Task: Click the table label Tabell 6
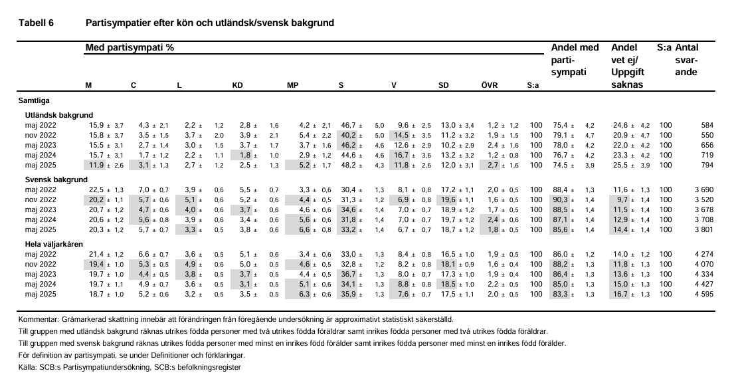coord(36,23)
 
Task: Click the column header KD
coord(238,86)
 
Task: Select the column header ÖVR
coord(489,86)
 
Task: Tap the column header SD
coord(444,86)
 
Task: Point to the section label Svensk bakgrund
coord(56,180)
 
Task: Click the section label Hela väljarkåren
coord(54,244)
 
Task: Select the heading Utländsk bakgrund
coord(59,115)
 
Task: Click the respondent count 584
coord(707,126)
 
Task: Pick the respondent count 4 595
coord(704,295)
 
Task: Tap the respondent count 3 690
coord(704,190)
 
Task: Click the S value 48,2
coord(348,166)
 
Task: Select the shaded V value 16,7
coord(401,156)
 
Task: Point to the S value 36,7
coord(348,274)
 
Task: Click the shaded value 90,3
coord(561,200)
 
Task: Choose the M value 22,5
coord(97,190)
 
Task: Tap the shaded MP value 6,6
coord(305,230)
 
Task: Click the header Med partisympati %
coord(130,47)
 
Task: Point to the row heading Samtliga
coord(34,101)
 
